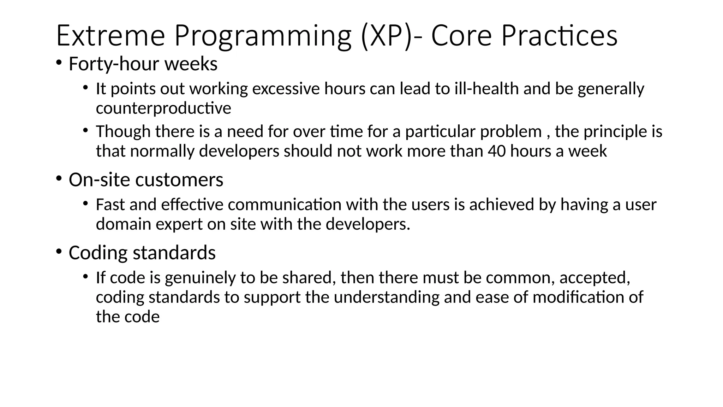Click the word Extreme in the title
pos(110,35)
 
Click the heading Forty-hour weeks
pos(143,64)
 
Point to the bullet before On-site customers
pos(59,178)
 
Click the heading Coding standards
pos(142,253)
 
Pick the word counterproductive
pos(163,108)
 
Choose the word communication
pos(285,205)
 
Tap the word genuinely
pos(200,278)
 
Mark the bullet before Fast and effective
pos(85,203)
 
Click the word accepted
pos(594,278)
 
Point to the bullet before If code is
pos(85,277)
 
